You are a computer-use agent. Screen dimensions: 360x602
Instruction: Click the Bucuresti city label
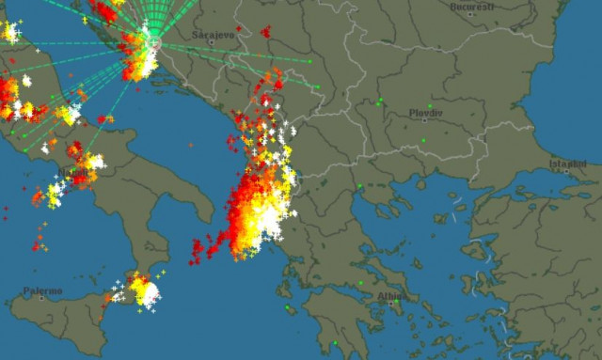point(472,7)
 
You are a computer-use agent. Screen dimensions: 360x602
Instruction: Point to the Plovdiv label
point(426,111)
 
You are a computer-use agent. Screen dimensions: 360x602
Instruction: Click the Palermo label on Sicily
point(42,291)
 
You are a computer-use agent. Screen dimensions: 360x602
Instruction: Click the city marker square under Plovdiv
point(426,119)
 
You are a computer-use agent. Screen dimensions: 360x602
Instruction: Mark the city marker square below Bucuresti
point(472,15)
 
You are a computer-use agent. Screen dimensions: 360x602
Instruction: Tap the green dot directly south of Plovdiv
point(423,140)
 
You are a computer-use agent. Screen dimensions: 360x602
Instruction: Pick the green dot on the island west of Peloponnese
point(288,305)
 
